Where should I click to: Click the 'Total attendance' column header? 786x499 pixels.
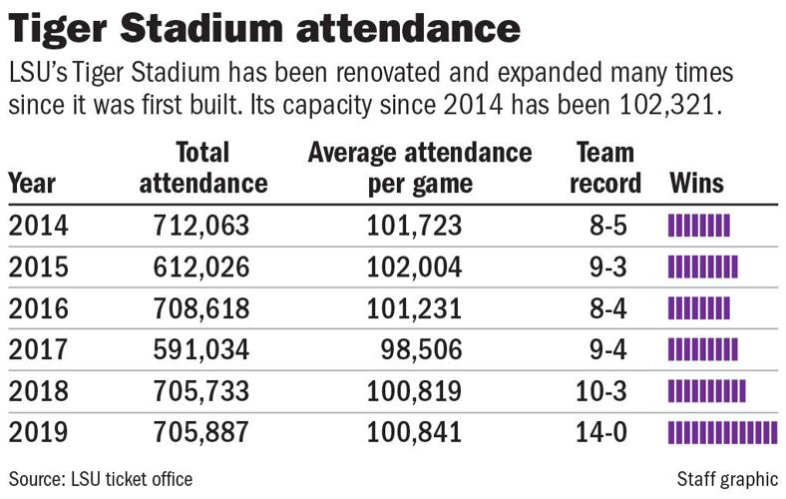(x=203, y=168)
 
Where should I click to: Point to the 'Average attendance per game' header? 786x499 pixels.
(x=419, y=168)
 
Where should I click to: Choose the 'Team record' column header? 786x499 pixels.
(x=606, y=168)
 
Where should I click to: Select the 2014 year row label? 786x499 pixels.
(x=39, y=227)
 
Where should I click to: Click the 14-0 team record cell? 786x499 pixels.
(x=606, y=433)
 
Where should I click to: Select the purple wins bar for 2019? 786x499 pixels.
(x=721, y=433)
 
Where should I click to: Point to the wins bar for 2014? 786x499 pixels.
(x=698, y=227)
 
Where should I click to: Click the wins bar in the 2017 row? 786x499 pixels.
(x=702, y=350)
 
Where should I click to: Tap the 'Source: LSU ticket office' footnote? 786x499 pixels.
(x=101, y=478)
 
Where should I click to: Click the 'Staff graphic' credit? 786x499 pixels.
(x=725, y=478)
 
